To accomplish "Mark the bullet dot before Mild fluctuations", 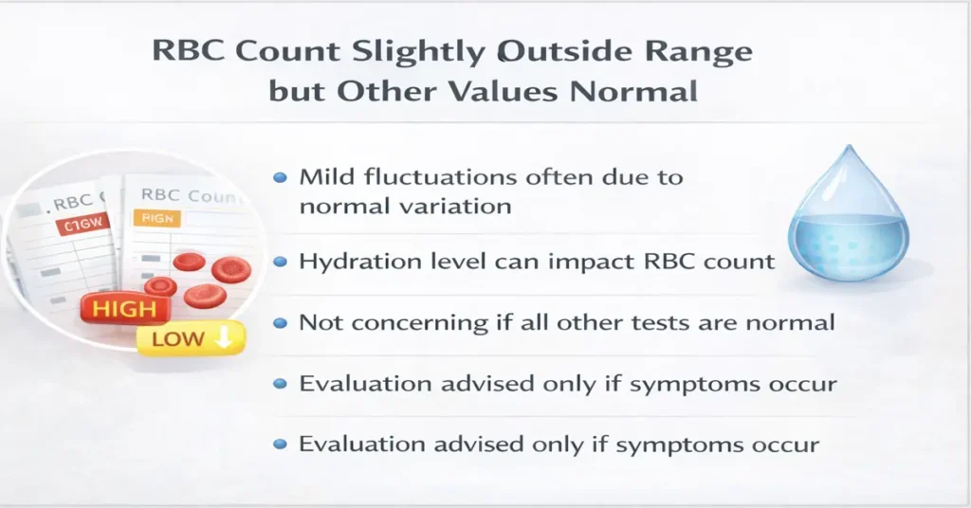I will [x=280, y=178].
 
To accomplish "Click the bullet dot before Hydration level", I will [x=280, y=262].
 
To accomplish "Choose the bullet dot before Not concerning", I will [x=280, y=324].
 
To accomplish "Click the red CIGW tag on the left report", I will [x=82, y=226].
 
